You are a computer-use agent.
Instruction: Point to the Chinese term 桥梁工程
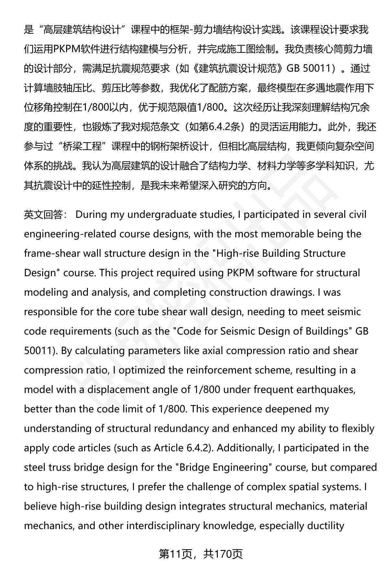point(82,147)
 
